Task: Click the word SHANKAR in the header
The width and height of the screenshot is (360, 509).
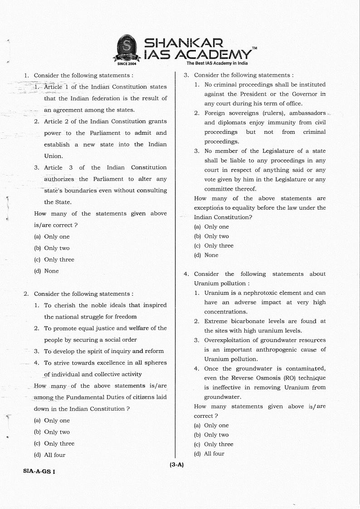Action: coord(183,43)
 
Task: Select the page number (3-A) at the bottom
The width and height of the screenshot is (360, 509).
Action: coord(176,465)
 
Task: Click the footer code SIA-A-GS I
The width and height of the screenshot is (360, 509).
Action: coord(39,471)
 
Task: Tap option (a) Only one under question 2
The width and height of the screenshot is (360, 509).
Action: coord(52,421)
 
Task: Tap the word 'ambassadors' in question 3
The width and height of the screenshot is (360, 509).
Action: coord(307,113)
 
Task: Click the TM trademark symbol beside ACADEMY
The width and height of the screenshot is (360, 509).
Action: coord(254,48)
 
